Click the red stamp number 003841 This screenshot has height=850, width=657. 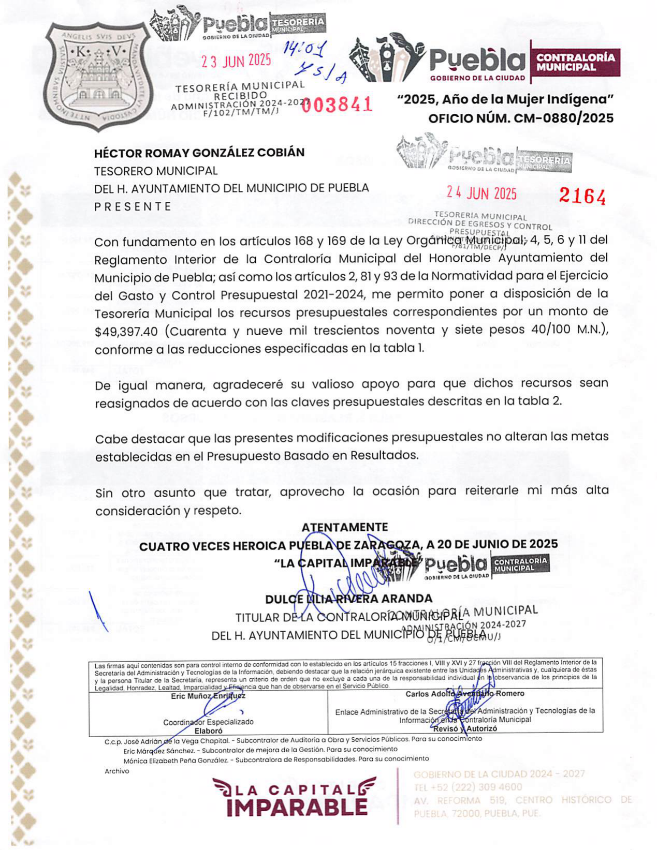(x=337, y=105)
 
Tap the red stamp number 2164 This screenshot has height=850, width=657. (x=582, y=197)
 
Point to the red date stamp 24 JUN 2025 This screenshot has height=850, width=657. (x=481, y=193)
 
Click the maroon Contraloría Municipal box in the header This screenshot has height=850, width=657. (x=575, y=62)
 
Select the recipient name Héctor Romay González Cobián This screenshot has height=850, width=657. (x=199, y=153)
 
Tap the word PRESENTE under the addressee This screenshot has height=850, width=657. (x=133, y=206)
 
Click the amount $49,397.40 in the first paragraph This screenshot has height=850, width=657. (x=126, y=332)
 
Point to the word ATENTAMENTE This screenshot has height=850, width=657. (x=345, y=527)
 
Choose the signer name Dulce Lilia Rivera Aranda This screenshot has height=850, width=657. (x=348, y=599)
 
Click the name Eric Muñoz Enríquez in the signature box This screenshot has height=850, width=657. (x=208, y=696)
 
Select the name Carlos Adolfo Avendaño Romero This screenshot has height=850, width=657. (x=465, y=694)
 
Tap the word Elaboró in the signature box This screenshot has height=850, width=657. (x=208, y=731)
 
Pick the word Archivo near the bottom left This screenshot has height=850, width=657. (x=116, y=771)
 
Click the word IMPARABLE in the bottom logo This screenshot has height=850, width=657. (x=297, y=807)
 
